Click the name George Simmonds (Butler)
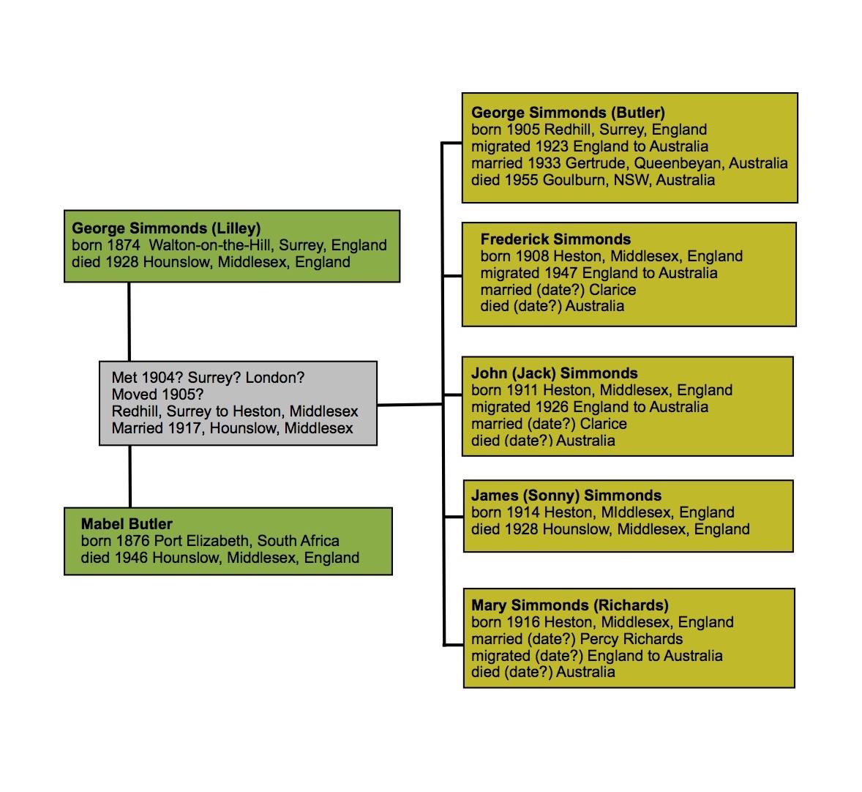click(568, 113)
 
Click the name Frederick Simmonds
click(555, 239)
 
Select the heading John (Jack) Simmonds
click(554, 373)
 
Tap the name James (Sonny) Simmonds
click(566, 496)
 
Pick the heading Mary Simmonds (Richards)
click(569, 605)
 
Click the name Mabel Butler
click(127, 524)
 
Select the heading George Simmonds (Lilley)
click(166, 228)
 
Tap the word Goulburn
click(574, 180)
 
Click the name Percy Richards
click(631, 639)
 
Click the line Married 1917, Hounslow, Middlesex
click(232, 428)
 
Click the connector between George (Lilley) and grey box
click(130, 321)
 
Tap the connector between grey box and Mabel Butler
click(130, 476)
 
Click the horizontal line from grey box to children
click(410, 404)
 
